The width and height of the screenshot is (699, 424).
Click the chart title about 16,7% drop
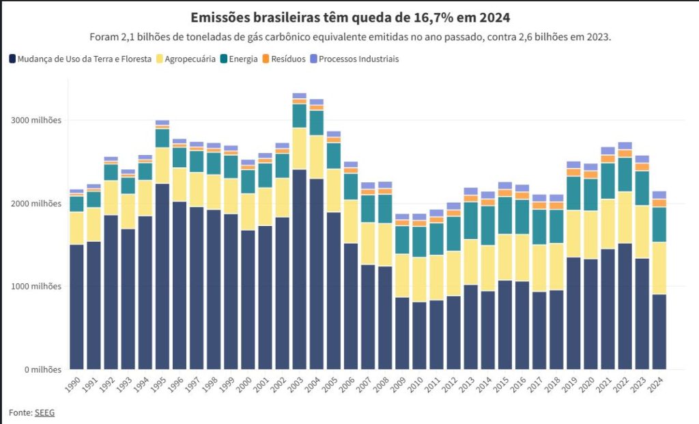click(349, 17)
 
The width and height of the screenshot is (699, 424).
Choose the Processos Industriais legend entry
click(358, 59)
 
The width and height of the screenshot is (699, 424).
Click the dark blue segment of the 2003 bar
click(299, 270)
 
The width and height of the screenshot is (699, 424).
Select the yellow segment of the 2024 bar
click(659, 268)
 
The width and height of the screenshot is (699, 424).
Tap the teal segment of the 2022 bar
click(624, 175)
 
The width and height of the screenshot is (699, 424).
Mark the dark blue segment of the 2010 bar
click(419, 335)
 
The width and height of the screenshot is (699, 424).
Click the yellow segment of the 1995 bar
click(162, 165)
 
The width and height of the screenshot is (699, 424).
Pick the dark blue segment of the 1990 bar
click(76, 307)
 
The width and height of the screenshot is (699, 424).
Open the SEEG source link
click(44, 412)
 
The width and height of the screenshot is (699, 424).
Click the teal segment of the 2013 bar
click(470, 221)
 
